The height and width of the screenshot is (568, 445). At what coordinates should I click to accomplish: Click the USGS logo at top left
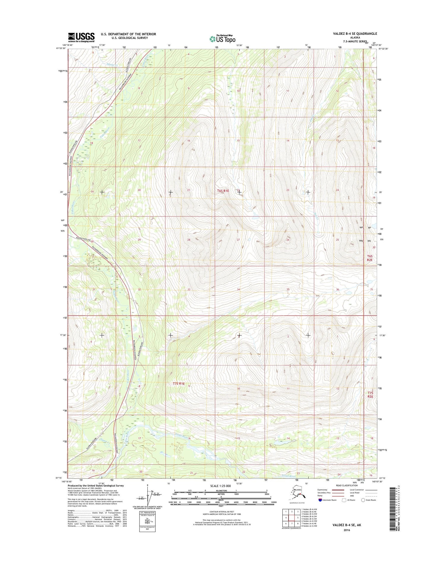(81, 37)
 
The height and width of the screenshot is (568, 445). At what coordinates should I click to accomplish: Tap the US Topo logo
(222, 39)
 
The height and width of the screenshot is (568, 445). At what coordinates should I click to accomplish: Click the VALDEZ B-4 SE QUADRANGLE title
(355, 34)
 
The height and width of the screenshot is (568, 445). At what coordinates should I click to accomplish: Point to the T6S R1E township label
(223, 191)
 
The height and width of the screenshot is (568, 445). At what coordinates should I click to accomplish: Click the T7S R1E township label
(179, 384)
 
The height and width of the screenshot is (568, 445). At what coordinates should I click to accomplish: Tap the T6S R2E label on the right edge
(370, 258)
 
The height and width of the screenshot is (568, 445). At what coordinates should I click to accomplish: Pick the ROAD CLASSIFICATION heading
(347, 485)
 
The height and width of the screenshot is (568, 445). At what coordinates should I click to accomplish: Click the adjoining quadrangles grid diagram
(291, 518)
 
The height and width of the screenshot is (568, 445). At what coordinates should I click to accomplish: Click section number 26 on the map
(288, 240)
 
